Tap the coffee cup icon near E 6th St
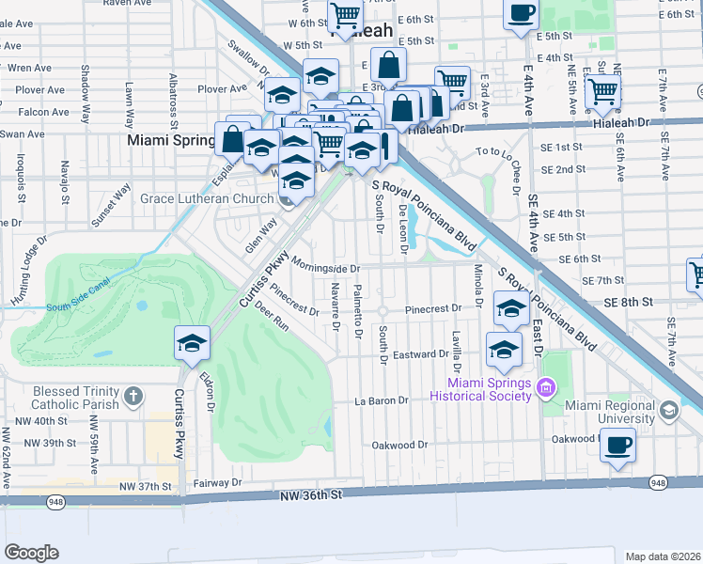[x=520, y=14]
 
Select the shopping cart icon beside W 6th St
[x=345, y=16]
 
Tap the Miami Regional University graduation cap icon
[x=667, y=411]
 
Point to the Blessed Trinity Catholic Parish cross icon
[x=133, y=398]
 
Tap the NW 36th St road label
[x=309, y=494]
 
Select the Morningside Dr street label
[x=325, y=266]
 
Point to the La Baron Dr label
[x=382, y=400]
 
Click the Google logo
[x=31, y=552]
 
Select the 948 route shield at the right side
[x=658, y=483]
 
